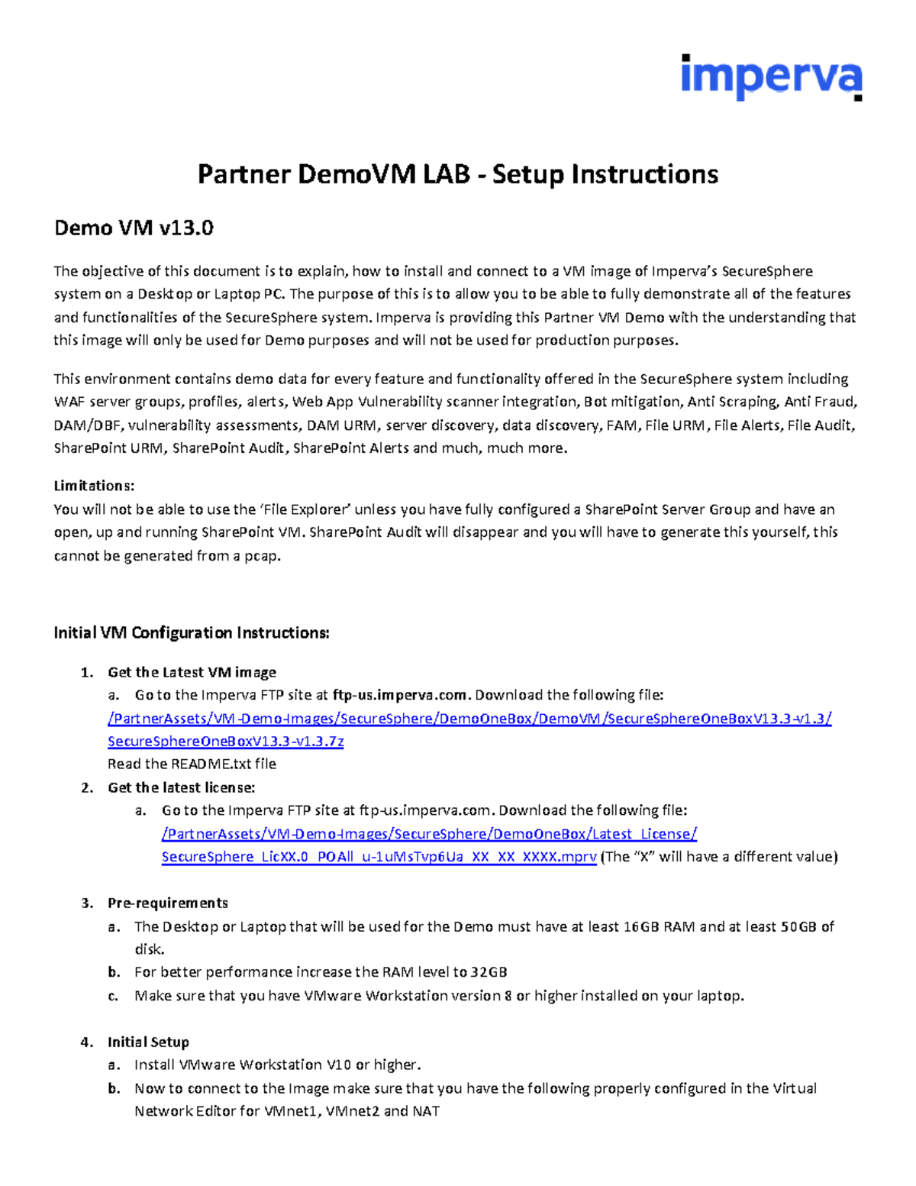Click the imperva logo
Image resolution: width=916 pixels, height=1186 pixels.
tap(771, 77)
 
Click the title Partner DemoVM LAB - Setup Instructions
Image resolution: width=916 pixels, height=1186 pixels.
tap(457, 174)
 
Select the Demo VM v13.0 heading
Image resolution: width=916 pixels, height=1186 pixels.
tap(134, 228)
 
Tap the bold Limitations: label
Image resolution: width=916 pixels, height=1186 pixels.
tap(94, 486)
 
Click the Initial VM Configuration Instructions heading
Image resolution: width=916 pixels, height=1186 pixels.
tap(192, 632)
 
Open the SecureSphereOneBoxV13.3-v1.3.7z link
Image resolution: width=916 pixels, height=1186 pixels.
tap(225, 741)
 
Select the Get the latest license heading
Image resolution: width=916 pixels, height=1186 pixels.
tap(181, 787)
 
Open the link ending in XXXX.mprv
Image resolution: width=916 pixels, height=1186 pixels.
tap(379, 857)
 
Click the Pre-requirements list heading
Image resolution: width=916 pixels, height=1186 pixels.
tap(168, 903)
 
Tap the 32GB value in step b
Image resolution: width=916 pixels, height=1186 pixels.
tap(489, 972)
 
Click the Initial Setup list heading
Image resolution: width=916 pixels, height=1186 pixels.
tap(148, 1042)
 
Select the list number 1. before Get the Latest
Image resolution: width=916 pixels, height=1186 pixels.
tap(86, 672)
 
